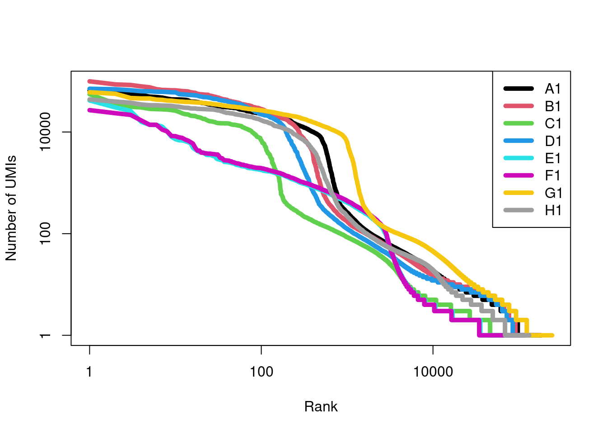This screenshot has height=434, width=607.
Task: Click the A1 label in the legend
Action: tap(553, 89)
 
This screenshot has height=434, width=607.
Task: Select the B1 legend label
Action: tap(553, 106)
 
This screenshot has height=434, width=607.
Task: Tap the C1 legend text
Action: tap(553, 124)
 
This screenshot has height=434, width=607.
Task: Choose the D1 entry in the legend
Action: tap(553, 141)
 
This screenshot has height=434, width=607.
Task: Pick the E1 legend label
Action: tap(553, 159)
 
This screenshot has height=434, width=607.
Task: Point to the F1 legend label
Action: tap(553, 176)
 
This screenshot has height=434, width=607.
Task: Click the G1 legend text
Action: tap(553, 193)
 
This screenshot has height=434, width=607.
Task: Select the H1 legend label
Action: tap(553, 211)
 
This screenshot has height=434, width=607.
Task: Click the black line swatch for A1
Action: tap(518, 89)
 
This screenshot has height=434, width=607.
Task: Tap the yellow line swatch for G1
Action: tap(518, 193)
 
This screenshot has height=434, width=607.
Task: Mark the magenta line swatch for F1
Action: tap(518, 176)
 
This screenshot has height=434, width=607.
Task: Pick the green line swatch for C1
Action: tap(518, 124)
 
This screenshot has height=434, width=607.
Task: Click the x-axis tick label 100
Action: tap(261, 372)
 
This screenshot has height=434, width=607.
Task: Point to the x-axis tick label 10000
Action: tap(433, 372)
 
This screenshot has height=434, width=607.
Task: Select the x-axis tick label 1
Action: tap(89, 372)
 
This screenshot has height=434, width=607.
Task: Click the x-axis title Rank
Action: tap(321, 406)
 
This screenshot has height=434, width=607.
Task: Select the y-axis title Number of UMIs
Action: tap(11, 208)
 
